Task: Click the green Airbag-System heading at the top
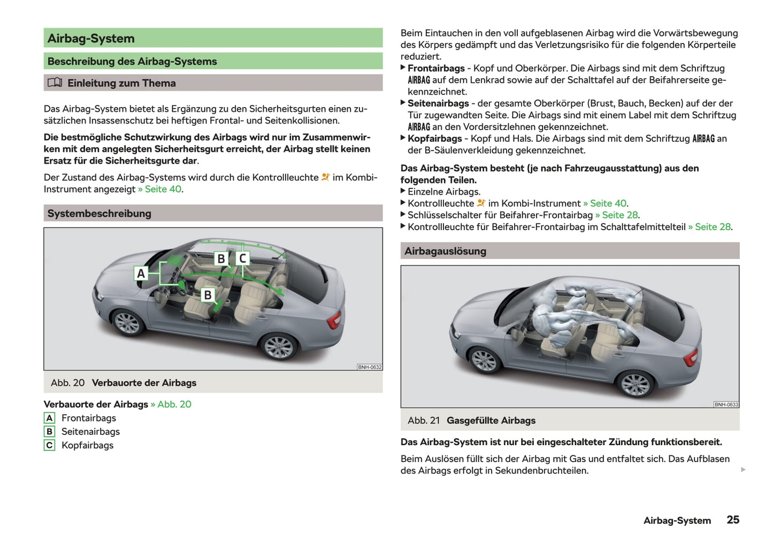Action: (x=91, y=39)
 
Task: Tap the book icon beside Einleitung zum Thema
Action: (x=55, y=83)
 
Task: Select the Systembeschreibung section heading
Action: (x=100, y=213)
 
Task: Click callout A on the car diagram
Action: (x=141, y=273)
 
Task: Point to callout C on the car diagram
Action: (x=242, y=258)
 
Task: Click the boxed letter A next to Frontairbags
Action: (x=49, y=418)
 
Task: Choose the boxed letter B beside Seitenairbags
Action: (x=49, y=431)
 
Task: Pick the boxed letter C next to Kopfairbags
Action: (x=49, y=445)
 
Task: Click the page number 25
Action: (x=732, y=520)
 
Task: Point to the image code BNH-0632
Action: (x=370, y=367)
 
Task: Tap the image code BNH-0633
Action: (x=726, y=405)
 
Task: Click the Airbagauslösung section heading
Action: (x=445, y=251)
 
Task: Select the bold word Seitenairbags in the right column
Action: (x=438, y=103)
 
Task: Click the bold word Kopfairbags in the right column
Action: (x=434, y=139)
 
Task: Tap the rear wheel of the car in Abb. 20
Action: (x=278, y=346)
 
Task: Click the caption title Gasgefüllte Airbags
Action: (x=491, y=421)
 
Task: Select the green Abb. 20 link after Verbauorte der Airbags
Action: (x=174, y=404)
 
